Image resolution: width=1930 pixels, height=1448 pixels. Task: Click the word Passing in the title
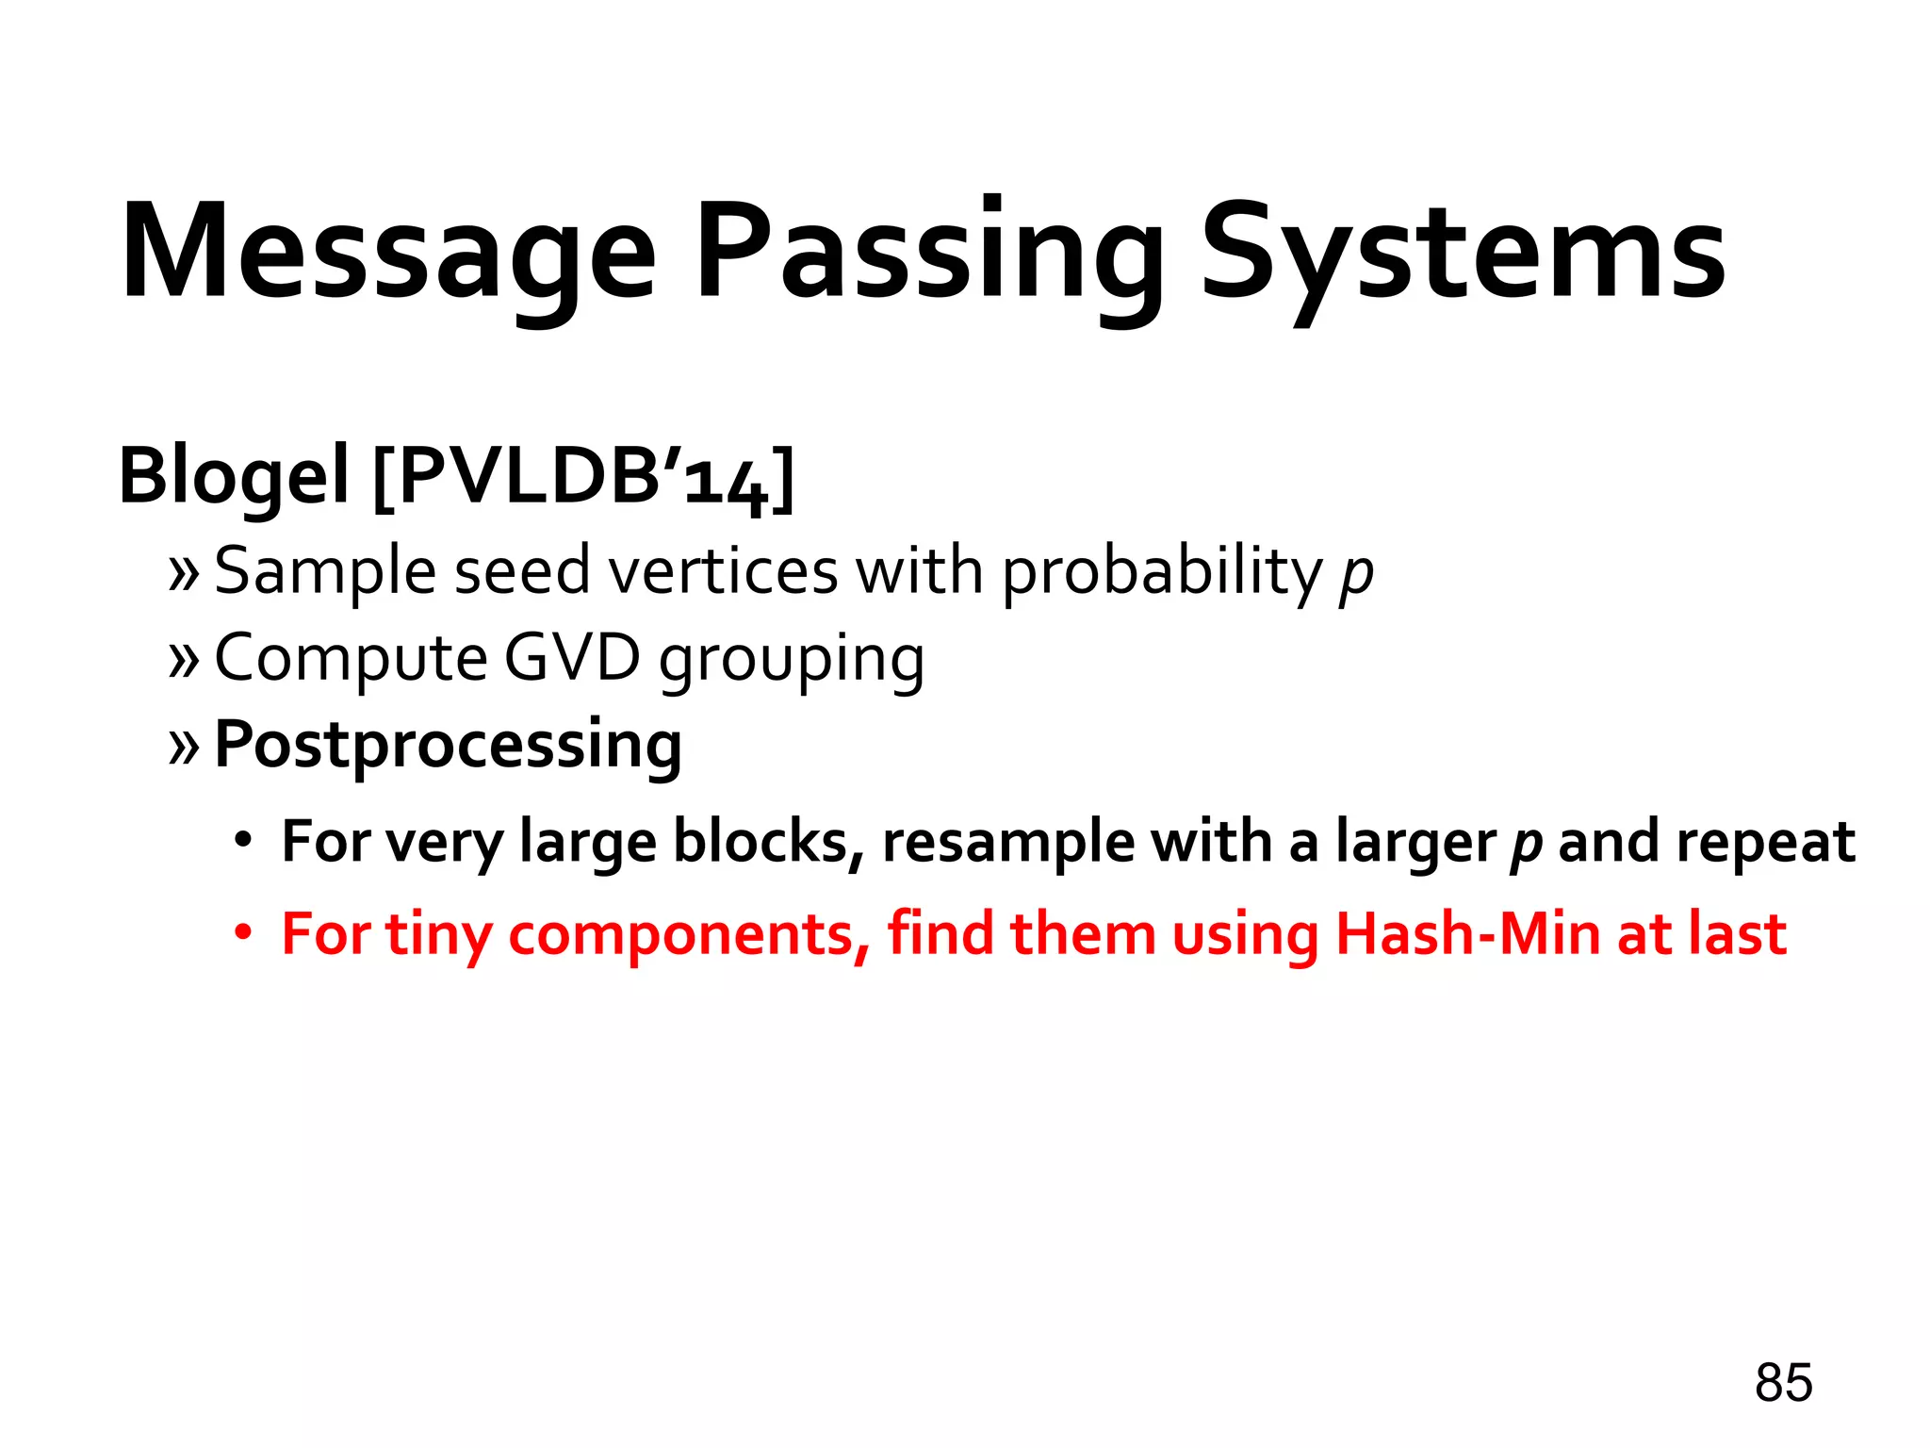(928, 253)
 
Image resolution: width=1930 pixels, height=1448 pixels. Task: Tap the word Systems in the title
(1463, 253)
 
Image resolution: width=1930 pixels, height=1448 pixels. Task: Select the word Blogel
(234, 477)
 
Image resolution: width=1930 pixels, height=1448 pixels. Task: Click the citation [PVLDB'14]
(584, 479)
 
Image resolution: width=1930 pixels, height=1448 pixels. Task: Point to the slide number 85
(1783, 1383)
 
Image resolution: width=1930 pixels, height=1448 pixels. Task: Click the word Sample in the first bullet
(323, 573)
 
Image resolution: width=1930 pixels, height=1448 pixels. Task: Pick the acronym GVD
(572, 658)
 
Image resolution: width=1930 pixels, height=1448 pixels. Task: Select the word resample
(1008, 843)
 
